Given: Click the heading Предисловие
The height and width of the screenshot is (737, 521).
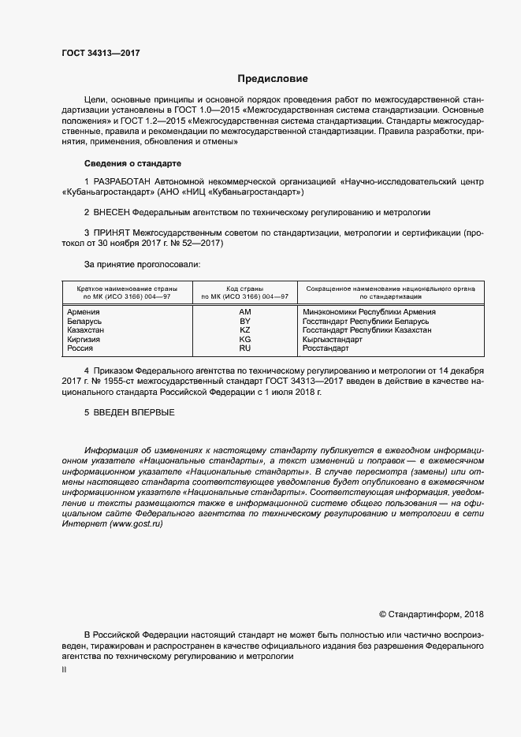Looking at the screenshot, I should pos(273,79).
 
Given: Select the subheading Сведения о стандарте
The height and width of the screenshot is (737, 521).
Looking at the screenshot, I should pos(132,162).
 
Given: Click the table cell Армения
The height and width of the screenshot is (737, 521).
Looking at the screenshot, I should pos(84,312).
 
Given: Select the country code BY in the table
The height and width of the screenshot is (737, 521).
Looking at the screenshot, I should pos(244,322).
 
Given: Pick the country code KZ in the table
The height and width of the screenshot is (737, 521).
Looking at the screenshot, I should pos(244,330).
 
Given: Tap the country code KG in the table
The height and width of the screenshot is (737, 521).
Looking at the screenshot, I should pos(244,339).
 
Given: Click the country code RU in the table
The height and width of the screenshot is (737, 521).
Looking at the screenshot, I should pos(244,348).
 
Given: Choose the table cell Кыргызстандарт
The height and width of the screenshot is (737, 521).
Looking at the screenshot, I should pos(333,339).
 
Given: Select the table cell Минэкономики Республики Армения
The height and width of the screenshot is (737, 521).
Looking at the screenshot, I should pos(363,312).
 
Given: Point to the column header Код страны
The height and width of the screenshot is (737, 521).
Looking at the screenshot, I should pos(244,289).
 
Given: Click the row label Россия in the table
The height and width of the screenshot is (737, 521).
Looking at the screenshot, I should pos(81,348).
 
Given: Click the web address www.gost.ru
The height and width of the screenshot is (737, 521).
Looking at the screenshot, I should pos(132,524).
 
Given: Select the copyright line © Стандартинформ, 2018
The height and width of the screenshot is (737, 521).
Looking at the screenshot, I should pos(431,613).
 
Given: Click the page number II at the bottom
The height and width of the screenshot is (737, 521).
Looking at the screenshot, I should pos(64,669).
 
